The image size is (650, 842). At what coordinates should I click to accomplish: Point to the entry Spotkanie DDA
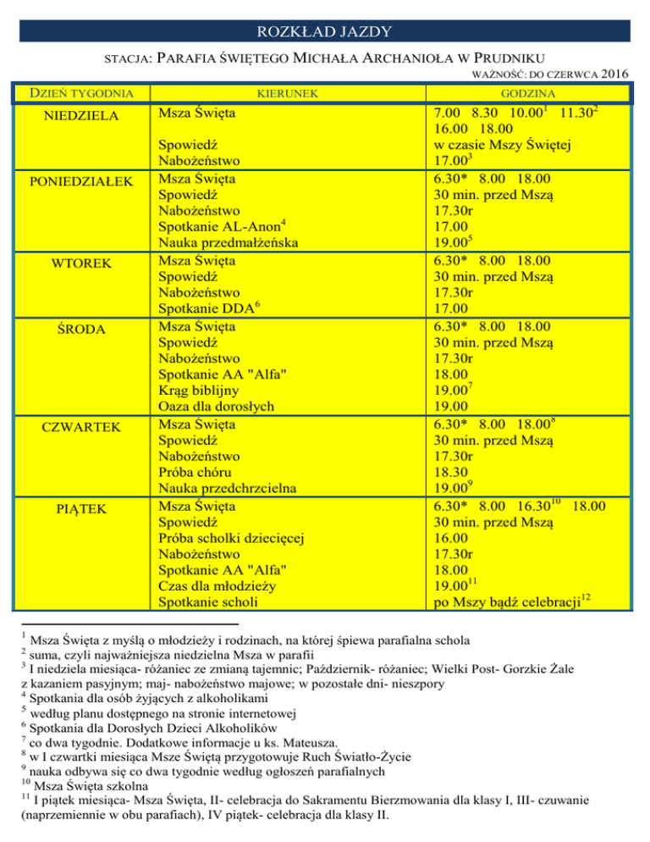point(207,309)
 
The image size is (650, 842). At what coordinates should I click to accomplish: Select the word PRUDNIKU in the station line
point(478,59)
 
